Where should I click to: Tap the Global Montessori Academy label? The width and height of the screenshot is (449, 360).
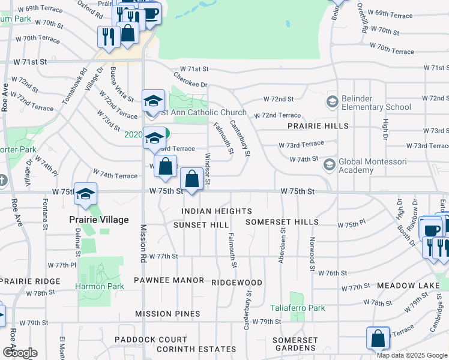tap(373, 166)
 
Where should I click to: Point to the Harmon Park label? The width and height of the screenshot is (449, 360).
tap(100, 286)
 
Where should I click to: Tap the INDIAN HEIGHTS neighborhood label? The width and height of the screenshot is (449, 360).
tap(217, 211)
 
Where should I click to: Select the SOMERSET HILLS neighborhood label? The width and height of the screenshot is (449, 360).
tap(283, 222)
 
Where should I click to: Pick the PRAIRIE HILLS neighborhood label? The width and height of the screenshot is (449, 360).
tap(318, 126)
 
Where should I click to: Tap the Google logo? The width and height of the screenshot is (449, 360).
tap(20, 353)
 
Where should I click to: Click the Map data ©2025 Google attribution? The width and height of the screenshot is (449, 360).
tap(411, 355)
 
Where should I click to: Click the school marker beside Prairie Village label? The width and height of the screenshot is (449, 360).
tap(86, 194)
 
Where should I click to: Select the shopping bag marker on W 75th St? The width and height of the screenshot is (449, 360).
tap(191, 179)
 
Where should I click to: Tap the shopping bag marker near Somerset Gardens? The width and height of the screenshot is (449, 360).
tap(378, 338)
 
